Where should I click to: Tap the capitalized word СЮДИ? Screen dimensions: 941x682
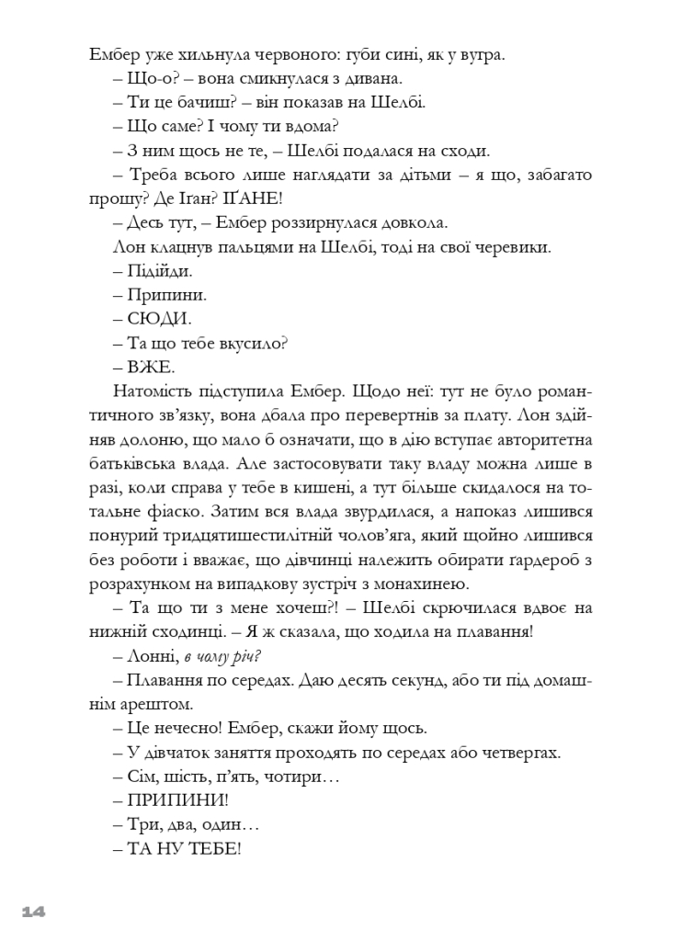(158, 319)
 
